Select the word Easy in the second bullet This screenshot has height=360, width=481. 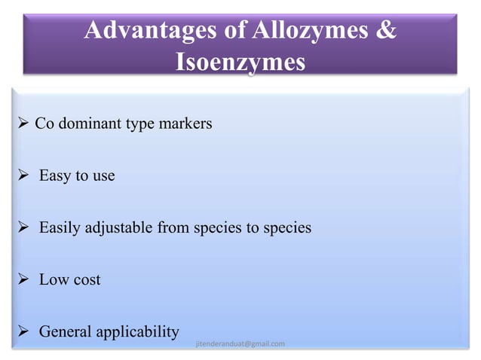(x=54, y=176)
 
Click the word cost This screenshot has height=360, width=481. (x=86, y=280)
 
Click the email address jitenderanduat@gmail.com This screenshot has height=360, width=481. (x=240, y=344)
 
